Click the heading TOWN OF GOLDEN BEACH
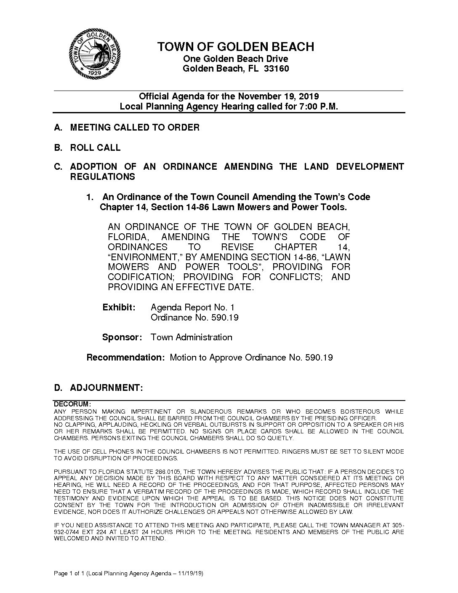235,47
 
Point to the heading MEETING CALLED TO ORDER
135,127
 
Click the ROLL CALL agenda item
95,148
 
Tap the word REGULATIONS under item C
102,177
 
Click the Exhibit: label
119,307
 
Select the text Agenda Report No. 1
192,307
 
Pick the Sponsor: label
122,337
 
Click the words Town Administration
191,337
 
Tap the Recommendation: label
125,358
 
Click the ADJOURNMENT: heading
107,387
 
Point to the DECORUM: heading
72,404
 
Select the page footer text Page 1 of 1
70,574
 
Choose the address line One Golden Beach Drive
235,59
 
